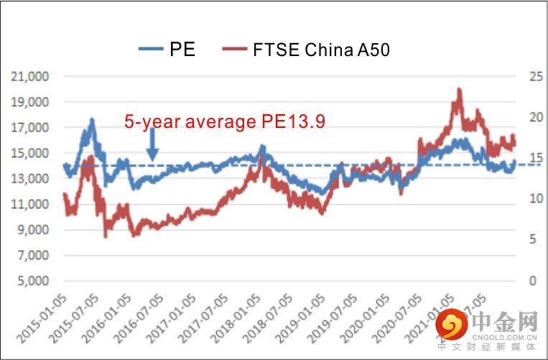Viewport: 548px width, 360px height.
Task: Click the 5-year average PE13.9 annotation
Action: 225,123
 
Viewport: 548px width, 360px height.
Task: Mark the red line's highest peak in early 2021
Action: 458,90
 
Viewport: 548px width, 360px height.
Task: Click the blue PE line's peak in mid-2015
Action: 92,120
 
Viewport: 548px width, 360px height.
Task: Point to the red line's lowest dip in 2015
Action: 106,236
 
